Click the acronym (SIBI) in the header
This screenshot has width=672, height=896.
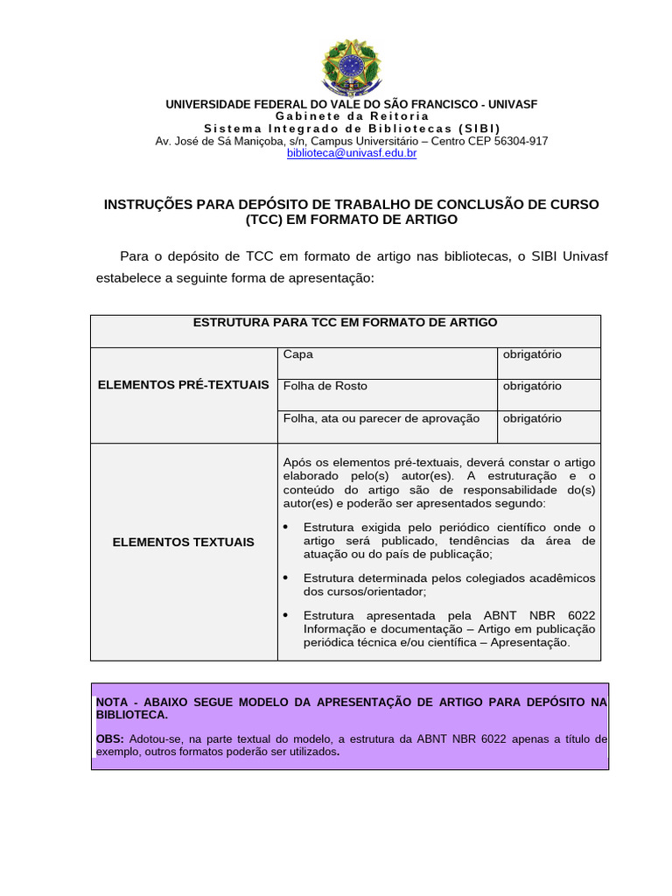point(479,129)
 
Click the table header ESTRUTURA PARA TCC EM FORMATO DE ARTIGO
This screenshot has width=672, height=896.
point(345,323)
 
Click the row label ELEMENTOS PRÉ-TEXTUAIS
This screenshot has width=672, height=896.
point(184,385)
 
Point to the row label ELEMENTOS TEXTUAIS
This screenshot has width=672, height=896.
point(184,542)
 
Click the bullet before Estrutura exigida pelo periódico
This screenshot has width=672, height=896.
point(287,527)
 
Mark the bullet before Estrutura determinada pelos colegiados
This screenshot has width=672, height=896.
point(287,577)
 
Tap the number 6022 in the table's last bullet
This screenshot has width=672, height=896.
point(580,615)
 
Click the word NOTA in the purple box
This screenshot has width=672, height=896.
point(111,702)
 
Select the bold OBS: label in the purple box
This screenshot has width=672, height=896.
point(110,738)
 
